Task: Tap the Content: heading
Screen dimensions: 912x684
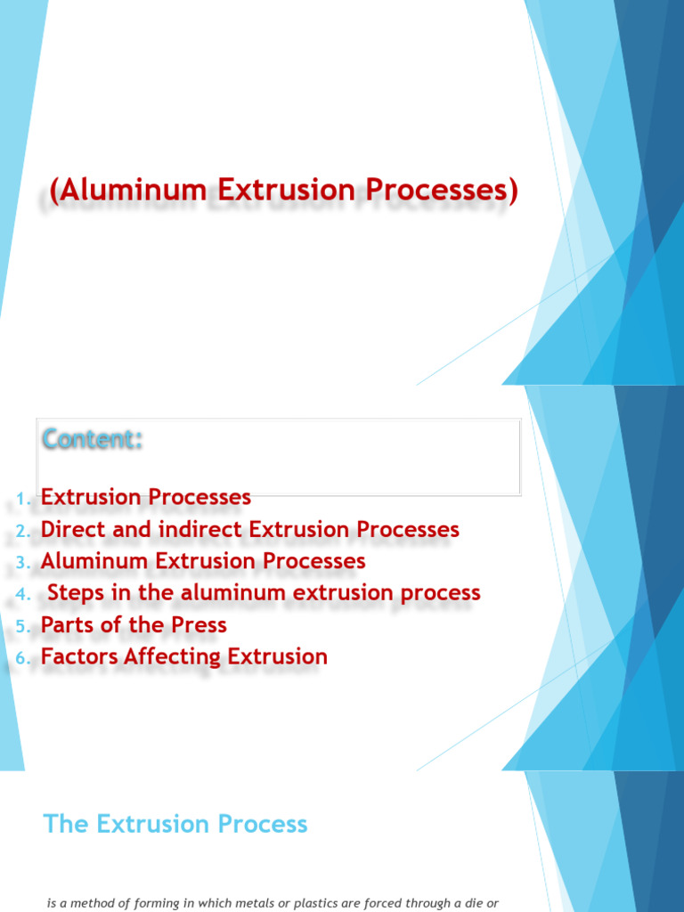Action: pos(93,439)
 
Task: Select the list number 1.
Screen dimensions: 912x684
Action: pos(24,498)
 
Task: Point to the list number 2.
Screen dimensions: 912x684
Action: pos(24,530)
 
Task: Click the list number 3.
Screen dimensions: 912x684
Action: pos(24,562)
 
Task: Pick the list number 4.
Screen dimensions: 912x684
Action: pos(24,594)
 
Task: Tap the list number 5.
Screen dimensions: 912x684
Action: pos(24,626)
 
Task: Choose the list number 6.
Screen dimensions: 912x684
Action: pos(24,658)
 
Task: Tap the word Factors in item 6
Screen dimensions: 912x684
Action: pos(79,657)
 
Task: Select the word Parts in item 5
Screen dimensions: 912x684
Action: pos(68,625)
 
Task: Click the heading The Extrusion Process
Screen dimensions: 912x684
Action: pos(175,824)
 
